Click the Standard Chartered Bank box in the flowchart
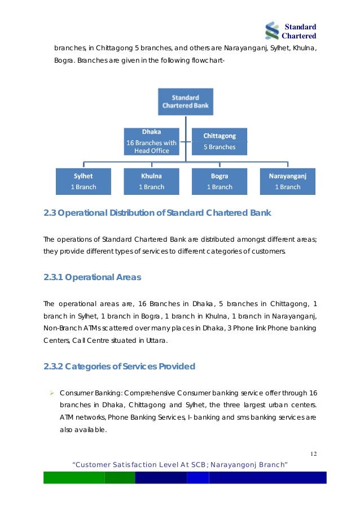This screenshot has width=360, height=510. coord(185,102)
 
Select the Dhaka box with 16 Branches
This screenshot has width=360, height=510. coord(151,142)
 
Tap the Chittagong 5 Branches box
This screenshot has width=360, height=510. coord(219,142)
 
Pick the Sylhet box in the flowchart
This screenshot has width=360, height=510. coord(83,181)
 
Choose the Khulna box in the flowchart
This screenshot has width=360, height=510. coord(151,181)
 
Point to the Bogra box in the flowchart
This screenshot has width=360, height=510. coord(219,181)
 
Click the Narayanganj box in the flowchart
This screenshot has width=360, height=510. coord(288,181)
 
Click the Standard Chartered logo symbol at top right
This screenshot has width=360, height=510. coord(273,31)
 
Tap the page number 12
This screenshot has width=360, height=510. coord(313,454)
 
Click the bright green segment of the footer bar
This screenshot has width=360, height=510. coord(74,478)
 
